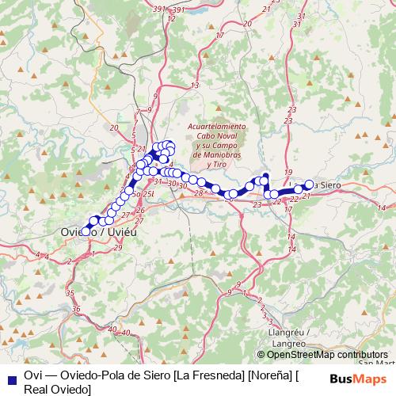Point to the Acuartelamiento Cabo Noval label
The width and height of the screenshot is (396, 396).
pos(216,131)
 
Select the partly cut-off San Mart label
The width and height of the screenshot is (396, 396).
pos(375,363)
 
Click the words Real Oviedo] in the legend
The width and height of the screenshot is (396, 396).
pos(57,389)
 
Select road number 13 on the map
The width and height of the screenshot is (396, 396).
pos(195,86)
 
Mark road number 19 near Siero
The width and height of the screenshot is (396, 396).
pos(288,173)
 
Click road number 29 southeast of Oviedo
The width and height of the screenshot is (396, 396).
pos(117,248)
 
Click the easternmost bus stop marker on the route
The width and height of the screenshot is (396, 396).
pos(309,185)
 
